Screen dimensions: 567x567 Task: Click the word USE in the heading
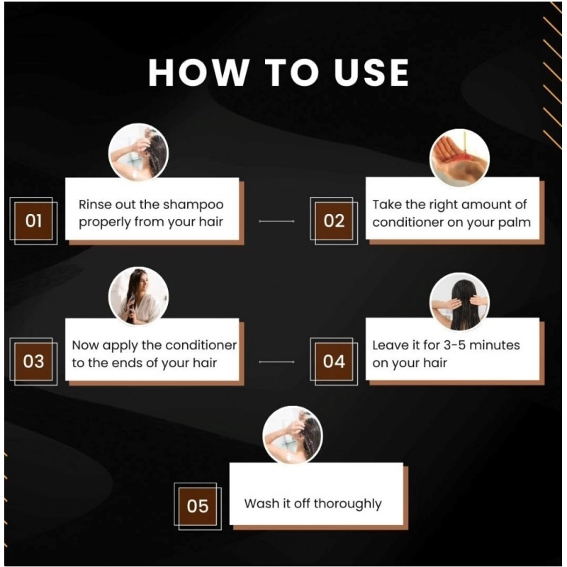click(371, 72)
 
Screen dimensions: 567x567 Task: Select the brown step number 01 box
click(33, 221)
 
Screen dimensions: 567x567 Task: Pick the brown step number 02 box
click(334, 221)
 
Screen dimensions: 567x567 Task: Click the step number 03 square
click(33, 361)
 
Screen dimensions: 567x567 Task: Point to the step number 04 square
click(334, 361)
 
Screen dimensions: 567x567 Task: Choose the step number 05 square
click(198, 506)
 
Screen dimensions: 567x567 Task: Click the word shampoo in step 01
click(193, 206)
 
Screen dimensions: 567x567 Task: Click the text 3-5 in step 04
click(454, 345)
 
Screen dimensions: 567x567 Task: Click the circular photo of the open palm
click(459, 158)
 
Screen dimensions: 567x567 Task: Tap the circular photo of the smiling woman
click(138, 296)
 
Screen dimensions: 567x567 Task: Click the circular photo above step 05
click(293, 435)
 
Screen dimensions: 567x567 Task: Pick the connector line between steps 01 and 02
click(276, 221)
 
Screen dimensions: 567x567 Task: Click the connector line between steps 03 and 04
click(276, 361)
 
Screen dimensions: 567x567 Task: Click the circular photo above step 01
click(138, 153)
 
